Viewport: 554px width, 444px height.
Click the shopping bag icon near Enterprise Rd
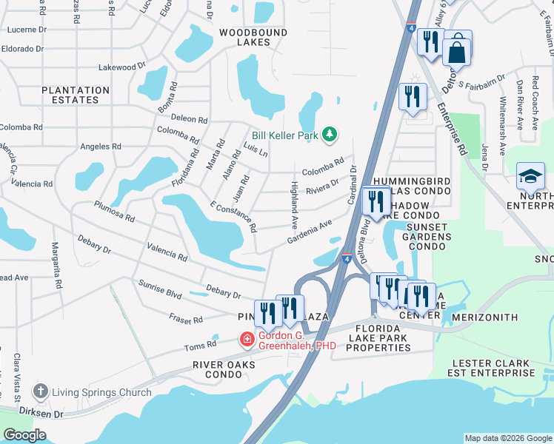[458, 51]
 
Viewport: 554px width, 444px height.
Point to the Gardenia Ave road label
[310, 234]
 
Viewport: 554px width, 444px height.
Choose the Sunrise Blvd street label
[160, 289]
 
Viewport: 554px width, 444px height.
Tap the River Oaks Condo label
[224, 369]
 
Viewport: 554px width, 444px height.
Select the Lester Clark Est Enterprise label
[493, 369]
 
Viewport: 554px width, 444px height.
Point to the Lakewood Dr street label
[121, 67]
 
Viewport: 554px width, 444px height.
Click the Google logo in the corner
[25, 435]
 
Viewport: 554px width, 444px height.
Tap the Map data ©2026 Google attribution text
[507, 438]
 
